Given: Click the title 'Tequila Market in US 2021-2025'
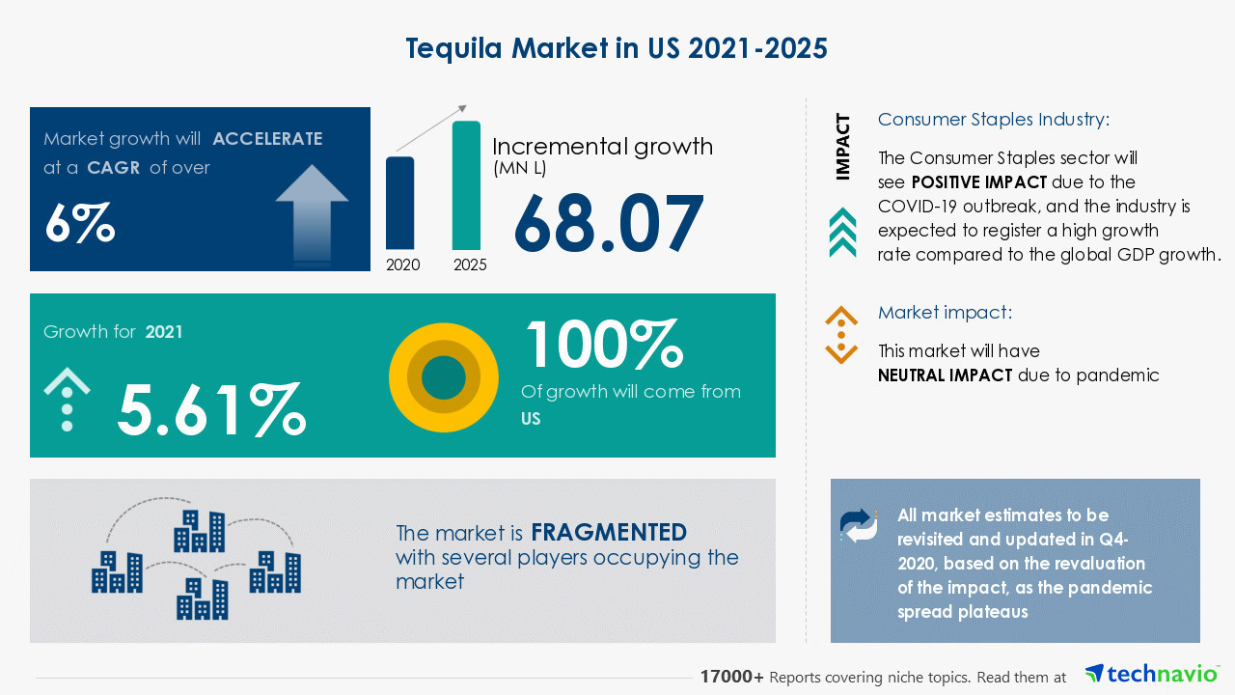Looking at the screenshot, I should (x=617, y=48).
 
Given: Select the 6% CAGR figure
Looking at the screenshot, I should (x=80, y=224).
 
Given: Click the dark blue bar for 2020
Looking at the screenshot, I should (x=400, y=203).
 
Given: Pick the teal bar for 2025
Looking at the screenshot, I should (x=466, y=185).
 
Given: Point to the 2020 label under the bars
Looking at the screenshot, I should (x=402, y=264).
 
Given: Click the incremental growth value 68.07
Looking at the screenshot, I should (x=609, y=224).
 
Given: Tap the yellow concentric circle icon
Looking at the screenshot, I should (x=444, y=377).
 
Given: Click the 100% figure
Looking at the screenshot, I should (x=603, y=345).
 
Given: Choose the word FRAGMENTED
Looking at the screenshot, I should (x=609, y=532).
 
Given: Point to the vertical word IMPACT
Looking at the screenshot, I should (x=843, y=147).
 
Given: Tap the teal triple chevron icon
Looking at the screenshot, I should (x=842, y=233).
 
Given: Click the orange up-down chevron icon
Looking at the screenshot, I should (x=841, y=335).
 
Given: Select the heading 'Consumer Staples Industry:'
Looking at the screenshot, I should (x=994, y=120).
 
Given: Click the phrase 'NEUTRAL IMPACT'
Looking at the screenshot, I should (x=945, y=375).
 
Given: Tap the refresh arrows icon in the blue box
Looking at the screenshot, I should (x=859, y=525).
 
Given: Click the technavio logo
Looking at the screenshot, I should (x=1151, y=674).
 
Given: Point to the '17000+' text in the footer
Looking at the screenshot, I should (x=732, y=678).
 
